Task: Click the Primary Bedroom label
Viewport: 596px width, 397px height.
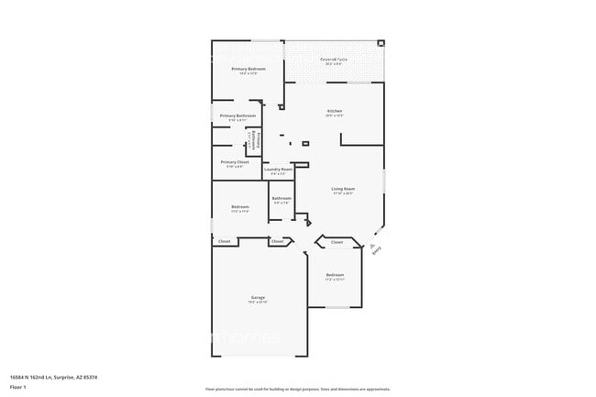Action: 248,70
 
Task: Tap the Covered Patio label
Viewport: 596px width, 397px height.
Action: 332,60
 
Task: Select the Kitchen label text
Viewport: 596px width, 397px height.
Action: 334,111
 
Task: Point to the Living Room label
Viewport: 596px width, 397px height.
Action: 342,189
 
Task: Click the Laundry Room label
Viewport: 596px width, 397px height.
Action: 278,170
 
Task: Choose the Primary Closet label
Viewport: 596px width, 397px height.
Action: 236,162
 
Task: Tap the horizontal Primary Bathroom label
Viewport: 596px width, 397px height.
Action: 237,116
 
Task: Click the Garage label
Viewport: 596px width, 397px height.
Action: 258,298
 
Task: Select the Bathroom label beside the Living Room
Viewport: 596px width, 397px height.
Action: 281,198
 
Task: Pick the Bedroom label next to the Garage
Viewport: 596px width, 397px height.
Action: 335,275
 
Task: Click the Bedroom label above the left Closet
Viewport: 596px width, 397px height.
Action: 239,207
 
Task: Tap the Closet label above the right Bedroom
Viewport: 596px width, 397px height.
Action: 337,242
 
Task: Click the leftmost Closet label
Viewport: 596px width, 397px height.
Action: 224,241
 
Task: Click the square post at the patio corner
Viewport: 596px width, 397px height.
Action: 381,42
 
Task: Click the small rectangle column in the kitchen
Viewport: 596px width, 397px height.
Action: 306,143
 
